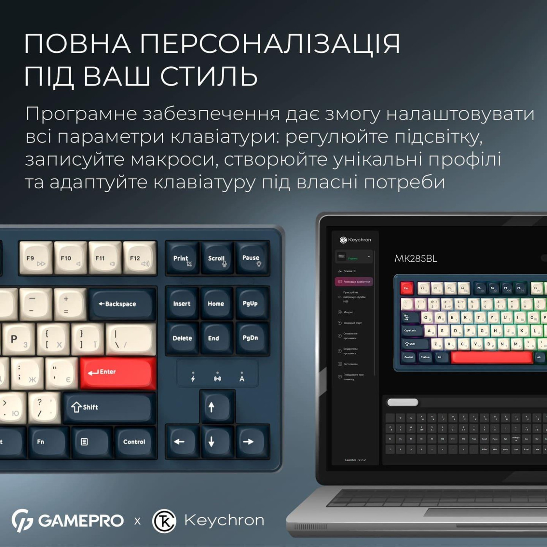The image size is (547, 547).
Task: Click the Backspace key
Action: (122, 304)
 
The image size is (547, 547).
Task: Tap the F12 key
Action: (139, 258)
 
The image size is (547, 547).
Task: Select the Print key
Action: (182, 258)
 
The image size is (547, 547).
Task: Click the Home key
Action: (216, 304)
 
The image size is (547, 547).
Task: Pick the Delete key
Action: (182, 338)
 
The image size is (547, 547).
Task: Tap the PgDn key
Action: (250, 338)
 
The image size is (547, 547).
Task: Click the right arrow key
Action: (248, 442)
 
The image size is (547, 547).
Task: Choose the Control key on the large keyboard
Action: (134, 442)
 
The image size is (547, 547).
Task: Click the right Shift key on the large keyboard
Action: (107, 408)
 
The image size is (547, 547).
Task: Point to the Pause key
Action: (252, 258)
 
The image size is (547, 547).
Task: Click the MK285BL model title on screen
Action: (416, 259)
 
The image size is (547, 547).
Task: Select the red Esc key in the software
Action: (406, 288)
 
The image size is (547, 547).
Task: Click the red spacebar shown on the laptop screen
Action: (492, 357)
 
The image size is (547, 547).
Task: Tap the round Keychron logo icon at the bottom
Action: (164, 521)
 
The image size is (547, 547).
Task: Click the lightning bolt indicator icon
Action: (193, 378)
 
